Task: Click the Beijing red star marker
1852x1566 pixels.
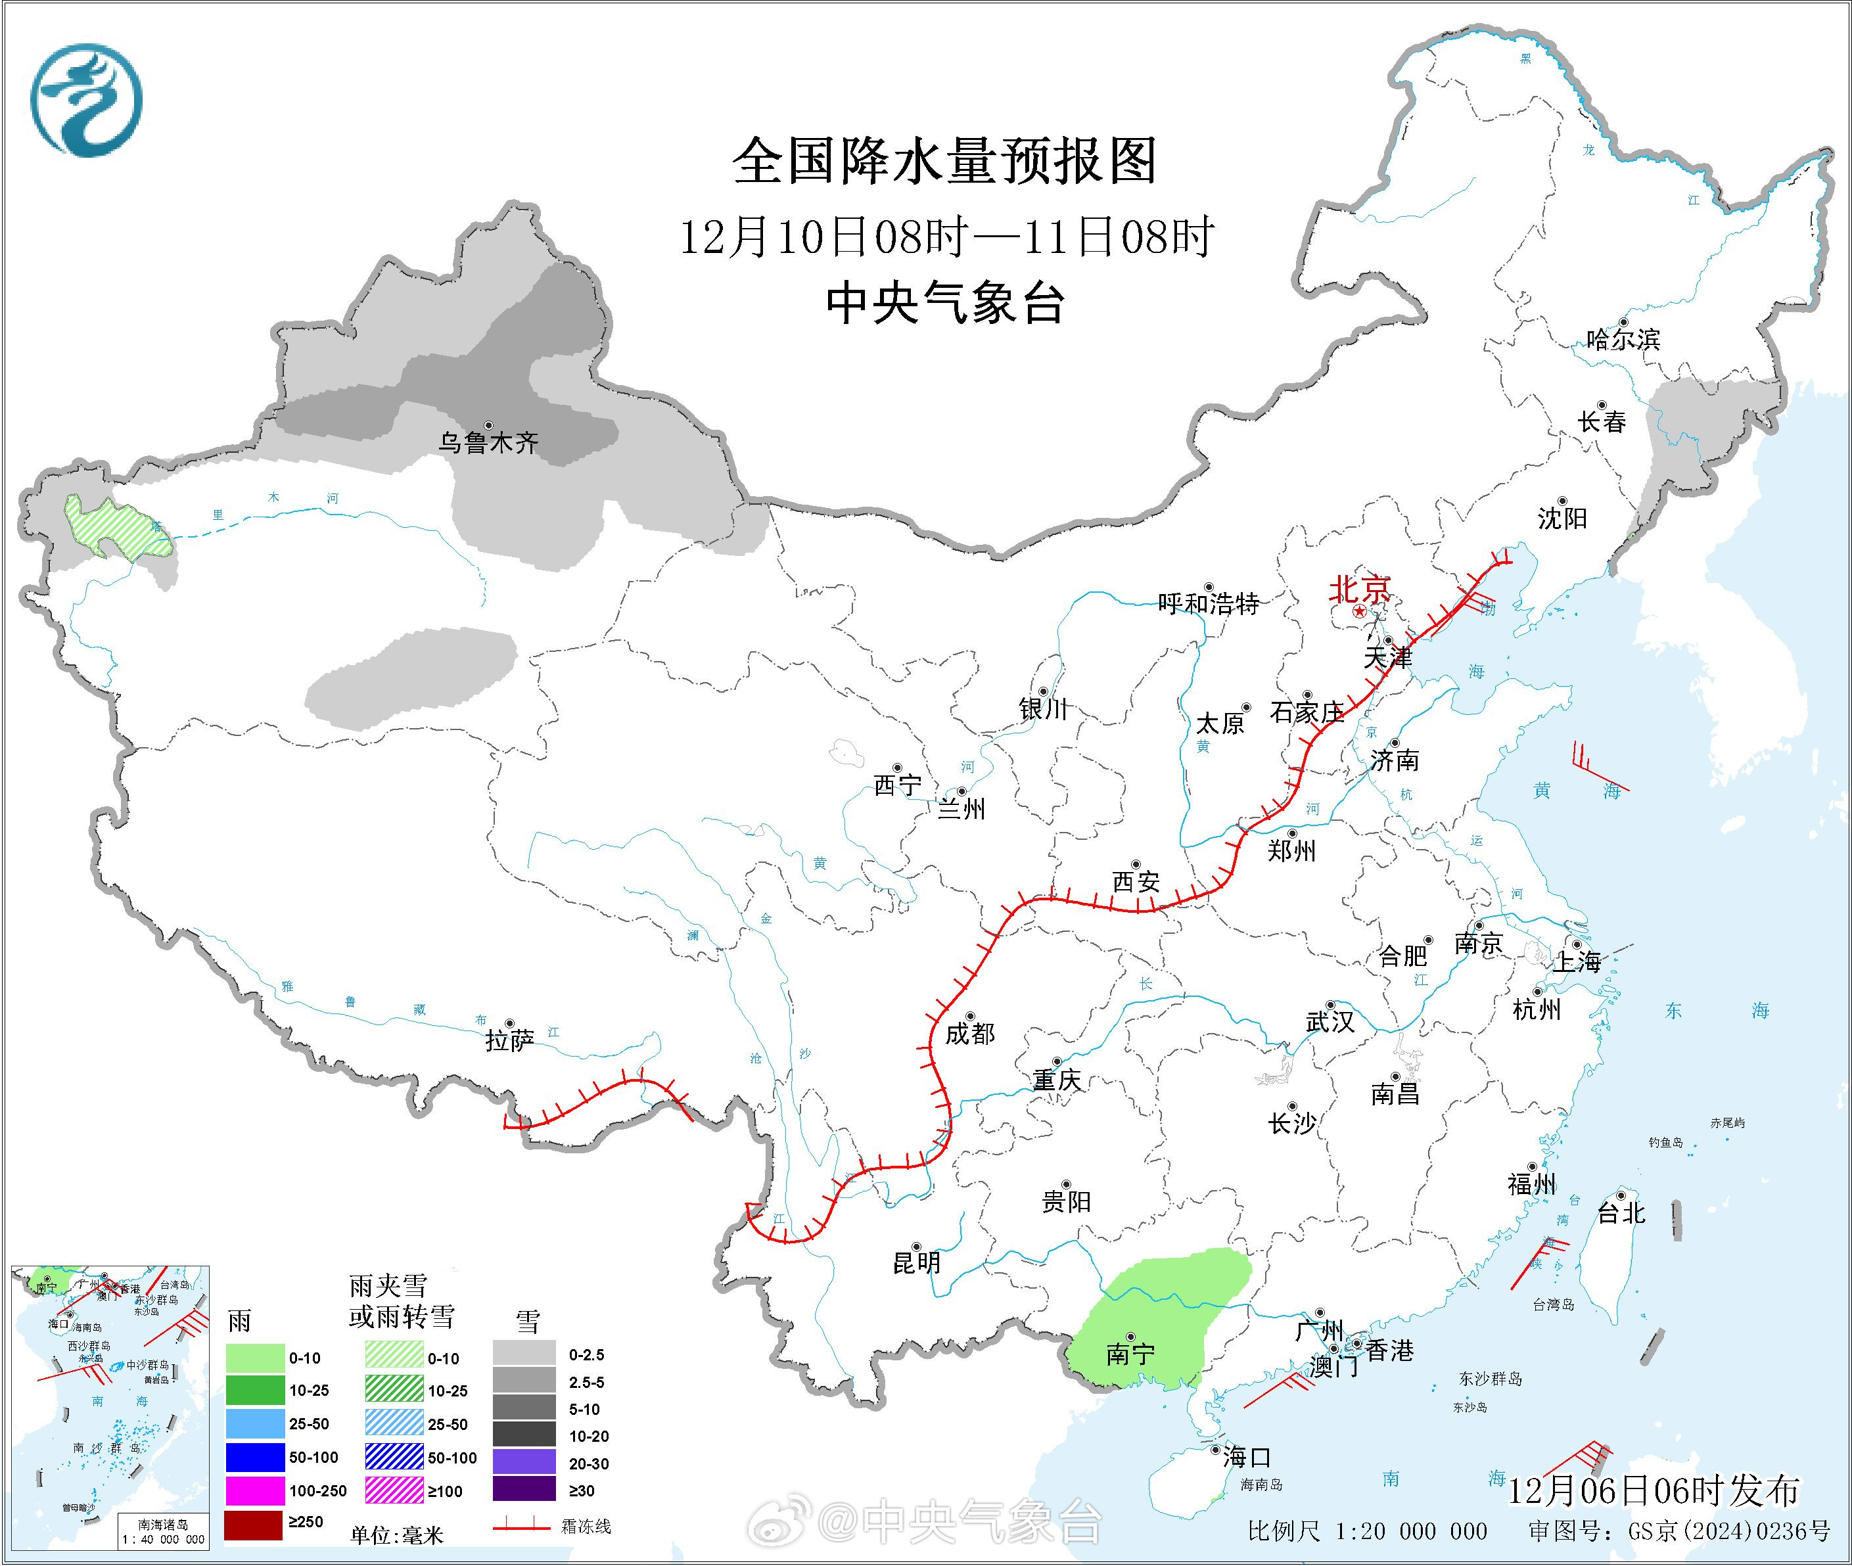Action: pyautogui.click(x=1359, y=613)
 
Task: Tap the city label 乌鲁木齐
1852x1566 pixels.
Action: pyautogui.click(x=488, y=442)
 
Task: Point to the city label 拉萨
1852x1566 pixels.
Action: pyautogui.click(x=509, y=1040)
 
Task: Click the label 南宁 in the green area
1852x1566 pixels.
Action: pyautogui.click(x=1130, y=1354)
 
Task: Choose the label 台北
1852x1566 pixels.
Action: pyautogui.click(x=1621, y=1212)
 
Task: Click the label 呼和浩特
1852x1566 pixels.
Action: pyautogui.click(x=1209, y=604)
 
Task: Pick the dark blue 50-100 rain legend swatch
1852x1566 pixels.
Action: pyautogui.click(x=255, y=1457)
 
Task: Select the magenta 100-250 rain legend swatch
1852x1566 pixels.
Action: pyautogui.click(x=255, y=1490)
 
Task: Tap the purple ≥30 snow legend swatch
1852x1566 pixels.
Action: pyautogui.click(x=524, y=1490)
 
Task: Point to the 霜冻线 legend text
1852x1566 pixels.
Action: pyautogui.click(x=586, y=1526)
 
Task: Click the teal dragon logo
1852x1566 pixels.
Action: pyautogui.click(x=86, y=99)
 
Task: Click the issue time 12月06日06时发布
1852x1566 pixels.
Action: pyautogui.click(x=1653, y=1490)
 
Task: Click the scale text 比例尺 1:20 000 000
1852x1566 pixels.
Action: pyautogui.click(x=1366, y=1531)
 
